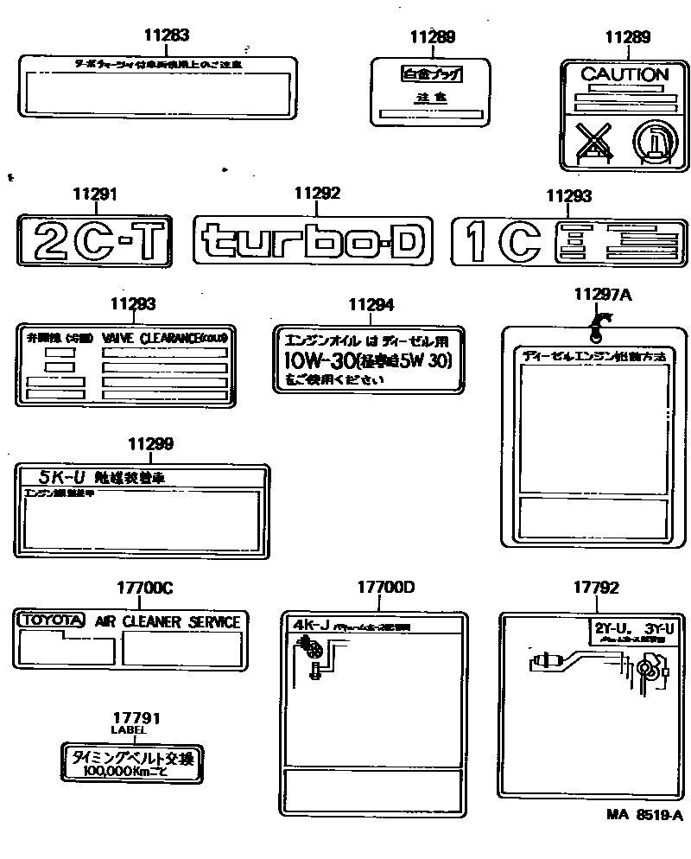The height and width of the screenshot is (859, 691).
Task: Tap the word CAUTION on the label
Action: point(624,75)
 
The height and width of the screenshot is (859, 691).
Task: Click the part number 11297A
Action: point(603,295)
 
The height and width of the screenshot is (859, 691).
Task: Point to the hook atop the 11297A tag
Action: point(596,326)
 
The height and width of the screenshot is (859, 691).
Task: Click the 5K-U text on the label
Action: point(52,475)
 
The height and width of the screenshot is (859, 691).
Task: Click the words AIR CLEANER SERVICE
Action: point(167,621)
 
